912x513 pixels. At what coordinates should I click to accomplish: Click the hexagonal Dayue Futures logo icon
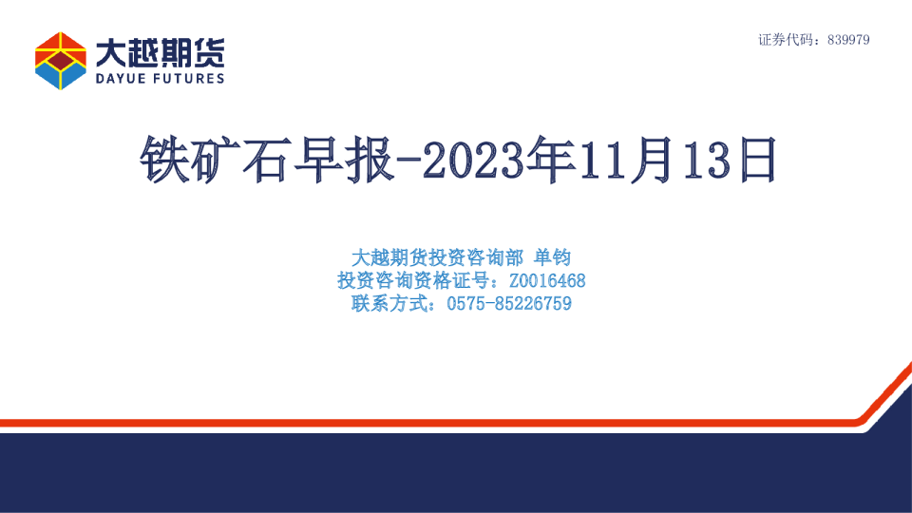(60, 60)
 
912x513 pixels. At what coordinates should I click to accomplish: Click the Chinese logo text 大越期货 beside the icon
(160, 52)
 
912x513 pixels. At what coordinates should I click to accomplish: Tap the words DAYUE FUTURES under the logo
(160, 78)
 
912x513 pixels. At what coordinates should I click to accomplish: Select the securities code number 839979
(849, 40)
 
